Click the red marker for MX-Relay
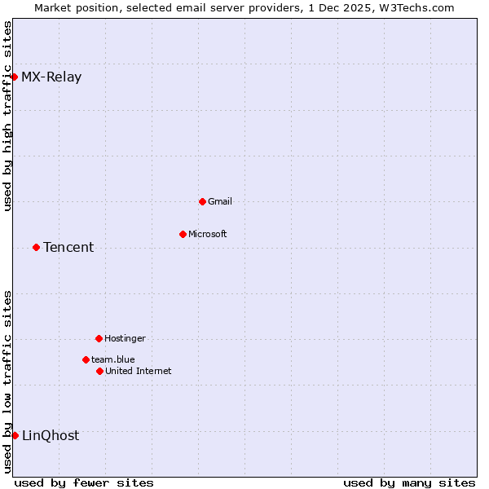pos(15,77)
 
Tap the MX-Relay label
pos(51,77)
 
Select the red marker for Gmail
pos(202,201)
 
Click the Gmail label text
pos(220,201)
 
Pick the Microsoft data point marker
pos(183,234)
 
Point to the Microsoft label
pos(208,234)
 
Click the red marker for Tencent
pos(36,247)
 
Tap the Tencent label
pos(68,248)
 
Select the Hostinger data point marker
pos(99,338)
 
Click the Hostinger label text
pos(125,338)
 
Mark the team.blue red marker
pos(86,359)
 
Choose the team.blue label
pos(113,359)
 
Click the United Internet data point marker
pos(99,371)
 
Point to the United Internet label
pos(139,371)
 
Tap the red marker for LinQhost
pos(15,435)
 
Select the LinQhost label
pos(51,435)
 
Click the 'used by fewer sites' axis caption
pos(84,482)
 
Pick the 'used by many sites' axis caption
pos(409,482)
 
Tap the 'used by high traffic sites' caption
pos(7,115)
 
